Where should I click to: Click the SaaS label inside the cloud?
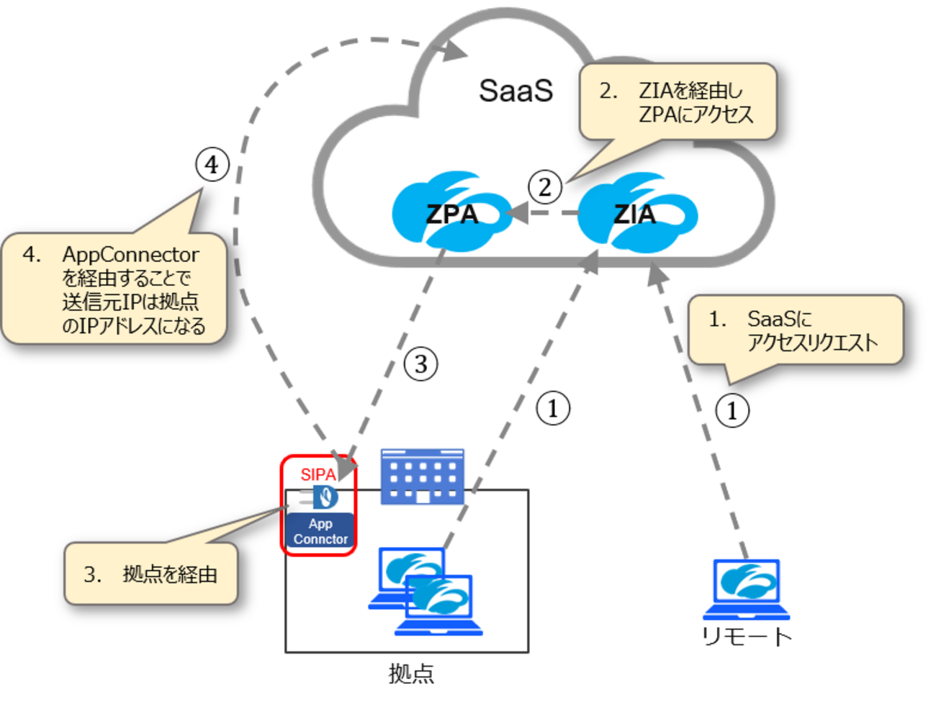[516, 91]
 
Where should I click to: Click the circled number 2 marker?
[545, 187]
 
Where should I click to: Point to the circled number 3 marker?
[421, 364]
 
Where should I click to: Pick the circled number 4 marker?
[212, 165]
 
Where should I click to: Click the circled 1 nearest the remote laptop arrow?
[732, 411]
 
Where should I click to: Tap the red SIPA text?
[318, 474]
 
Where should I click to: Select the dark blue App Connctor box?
[320, 531]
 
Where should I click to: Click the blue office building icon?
[423, 476]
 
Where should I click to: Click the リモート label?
[747, 636]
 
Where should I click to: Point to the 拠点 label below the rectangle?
[411, 674]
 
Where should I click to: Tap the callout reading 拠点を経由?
[151, 574]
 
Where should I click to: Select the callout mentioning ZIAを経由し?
[678, 102]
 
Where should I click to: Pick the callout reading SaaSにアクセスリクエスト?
[796, 330]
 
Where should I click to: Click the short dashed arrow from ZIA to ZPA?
[544, 213]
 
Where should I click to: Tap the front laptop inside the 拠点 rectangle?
[439, 605]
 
